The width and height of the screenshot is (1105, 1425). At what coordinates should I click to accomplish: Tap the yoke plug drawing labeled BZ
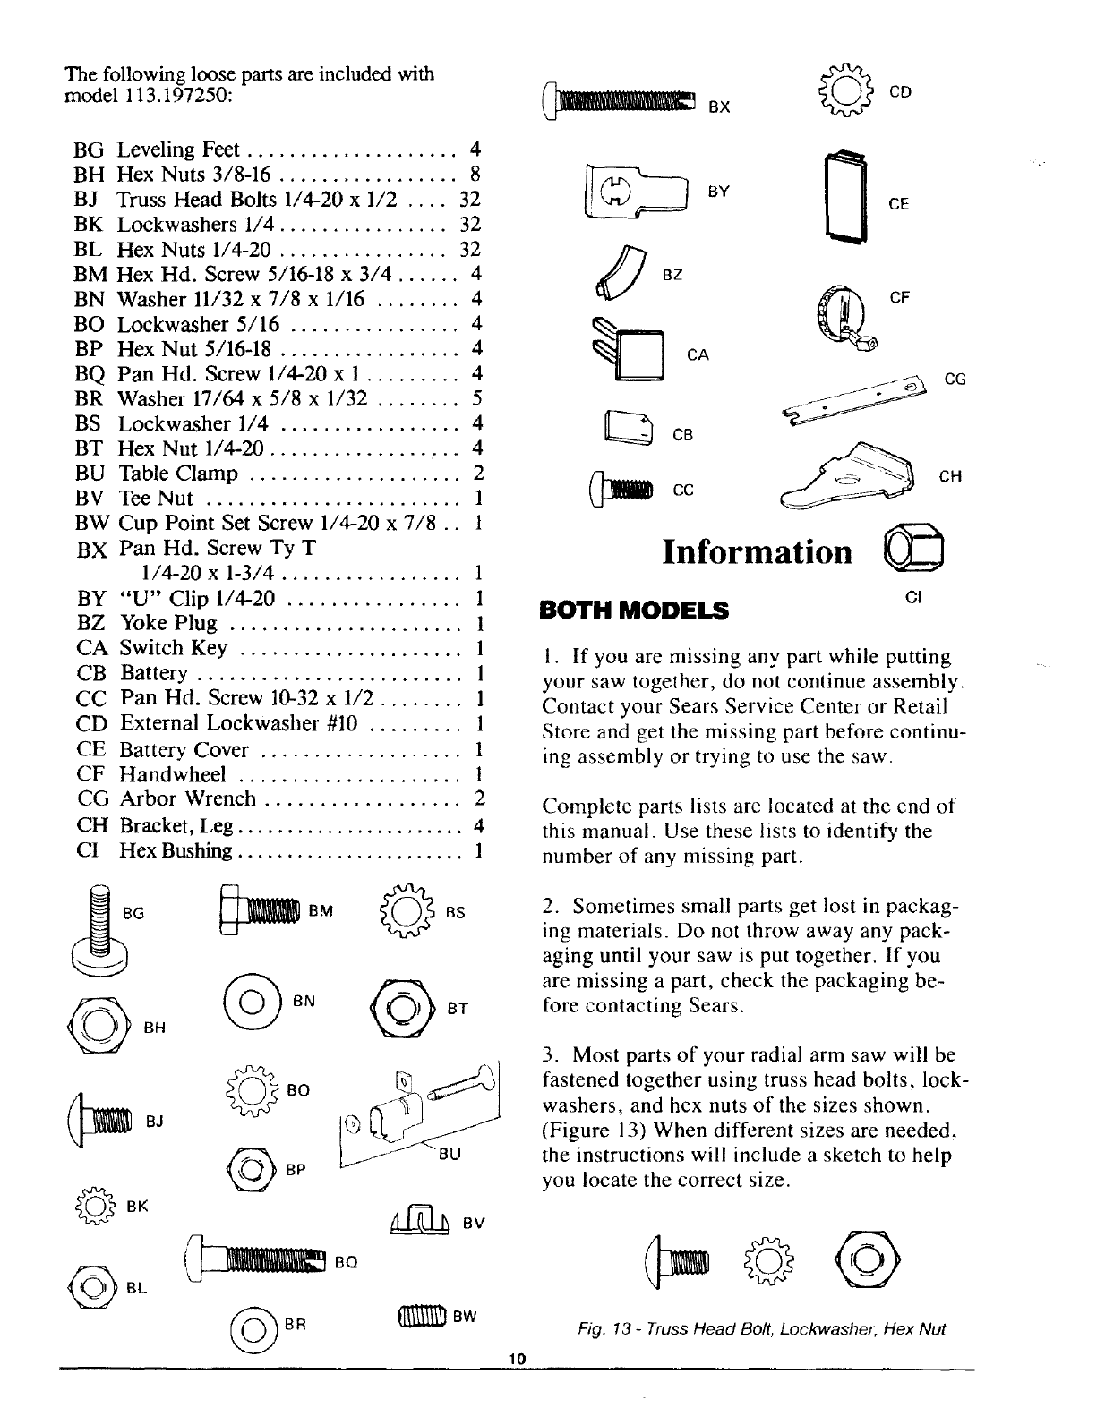(630, 272)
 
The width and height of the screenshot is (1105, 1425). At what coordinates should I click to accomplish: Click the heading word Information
(757, 551)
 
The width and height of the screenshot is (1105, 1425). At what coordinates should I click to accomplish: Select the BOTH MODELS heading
(633, 610)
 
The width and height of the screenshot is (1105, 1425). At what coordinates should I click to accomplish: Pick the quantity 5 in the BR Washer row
(477, 397)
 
